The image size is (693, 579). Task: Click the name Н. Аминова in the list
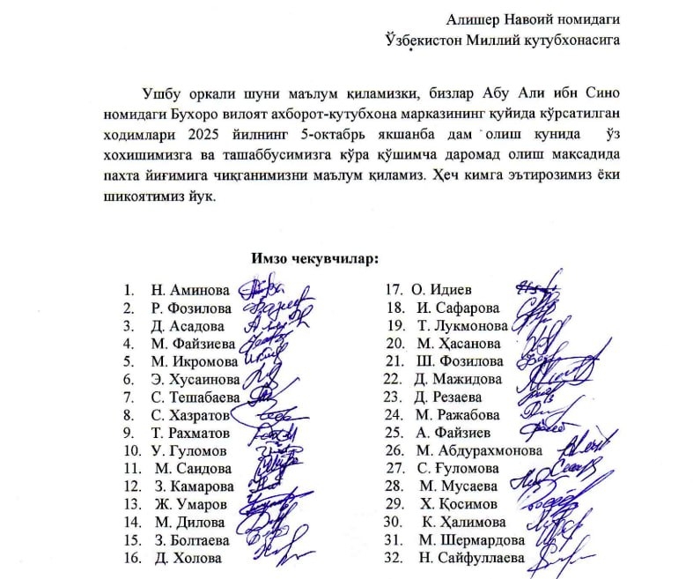click(x=190, y=290)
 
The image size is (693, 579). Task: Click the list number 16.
click(x=130, y=558)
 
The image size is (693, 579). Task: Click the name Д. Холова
click(x=187, y=558)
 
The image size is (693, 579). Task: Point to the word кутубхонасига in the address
click(x=571, y=39)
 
